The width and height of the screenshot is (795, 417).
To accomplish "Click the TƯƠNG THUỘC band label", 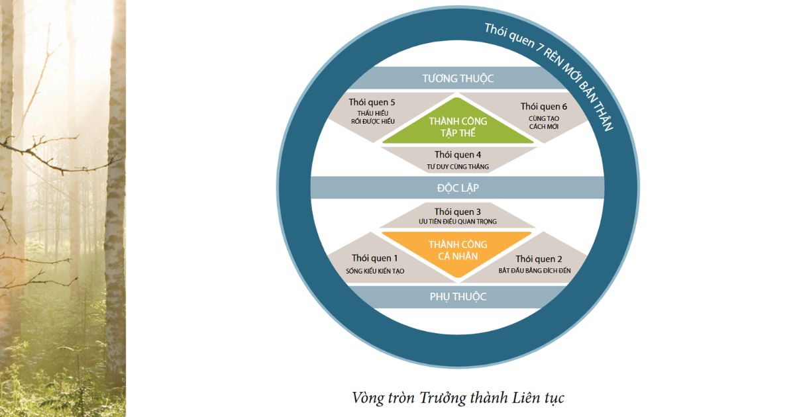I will coord(458,78).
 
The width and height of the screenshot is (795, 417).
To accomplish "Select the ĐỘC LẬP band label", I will coord(458,188).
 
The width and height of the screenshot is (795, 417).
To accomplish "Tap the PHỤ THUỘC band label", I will coord(458,297).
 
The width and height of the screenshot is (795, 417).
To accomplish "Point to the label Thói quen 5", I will coord(372,103).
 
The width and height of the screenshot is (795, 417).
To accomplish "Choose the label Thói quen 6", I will coord(544,106).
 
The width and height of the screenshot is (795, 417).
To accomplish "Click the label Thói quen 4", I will coord(458,154).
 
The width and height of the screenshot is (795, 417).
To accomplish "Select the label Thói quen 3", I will coord(458,211).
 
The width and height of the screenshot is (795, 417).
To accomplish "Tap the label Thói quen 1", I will coord(375,258).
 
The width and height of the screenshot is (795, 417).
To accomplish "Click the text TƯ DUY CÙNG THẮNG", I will coord(458,166).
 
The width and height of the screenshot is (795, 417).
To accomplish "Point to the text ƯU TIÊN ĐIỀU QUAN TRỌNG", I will coord(458,222).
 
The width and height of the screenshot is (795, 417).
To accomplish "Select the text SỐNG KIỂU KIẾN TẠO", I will coord(375,271).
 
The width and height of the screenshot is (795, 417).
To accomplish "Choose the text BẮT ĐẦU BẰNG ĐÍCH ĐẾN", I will coord(539,271).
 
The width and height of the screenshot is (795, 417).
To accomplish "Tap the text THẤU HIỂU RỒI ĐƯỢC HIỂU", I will coord(372,117).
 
